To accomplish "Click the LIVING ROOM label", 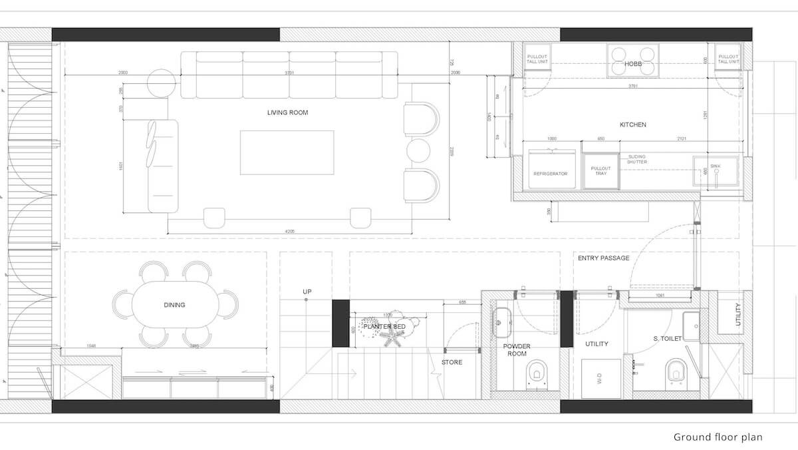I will click(x=287, y=112).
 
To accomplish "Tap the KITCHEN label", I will click(x=632, y=124).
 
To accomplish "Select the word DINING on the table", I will click(x=174, y=305).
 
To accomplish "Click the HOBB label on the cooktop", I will click(x=632, y=63).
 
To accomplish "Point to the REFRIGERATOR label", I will click(x=550, y=174).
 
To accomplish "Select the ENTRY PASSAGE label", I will click(x=603, y=258).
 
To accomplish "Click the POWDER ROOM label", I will click(x=517, y=349).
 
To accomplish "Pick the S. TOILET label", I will click(x=668, y=339).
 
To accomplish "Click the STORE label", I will click(x=452, y=362).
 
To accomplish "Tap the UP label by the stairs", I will click(x=307, y=292).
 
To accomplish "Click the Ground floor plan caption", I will click(x=718, y=437).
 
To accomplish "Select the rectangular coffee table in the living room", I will click(x=287, y=152).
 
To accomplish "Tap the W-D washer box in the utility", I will click(x=601, y=379).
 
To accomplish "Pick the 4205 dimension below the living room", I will click(x=289, y=231).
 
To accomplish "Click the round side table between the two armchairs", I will click(x=420, y=149).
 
